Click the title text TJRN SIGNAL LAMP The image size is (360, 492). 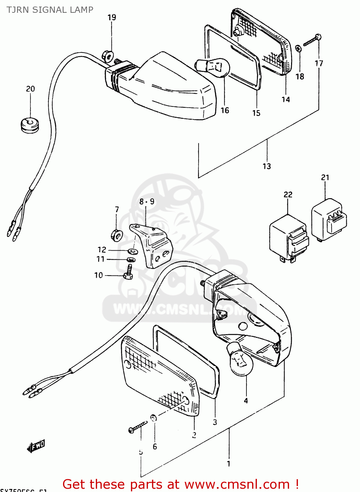click(x=50, y=10)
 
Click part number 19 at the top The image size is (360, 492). click(x=112, y=17)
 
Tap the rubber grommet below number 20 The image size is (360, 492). click(x=30, y=125)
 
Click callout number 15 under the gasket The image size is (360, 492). click(x=256, y=113)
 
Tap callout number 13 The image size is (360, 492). click(x=267, y=166)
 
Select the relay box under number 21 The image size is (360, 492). click(x=328, y=219)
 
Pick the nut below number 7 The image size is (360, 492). click(x=116, y=235)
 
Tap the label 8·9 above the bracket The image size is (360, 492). click(x=147, y=201)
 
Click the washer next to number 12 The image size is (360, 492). click(x=133, y=252)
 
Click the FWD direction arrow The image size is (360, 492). click(x=36, y=446)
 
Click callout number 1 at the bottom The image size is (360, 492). click(x=228, y=464)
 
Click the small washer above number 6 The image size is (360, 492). click(x=154, y=418)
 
